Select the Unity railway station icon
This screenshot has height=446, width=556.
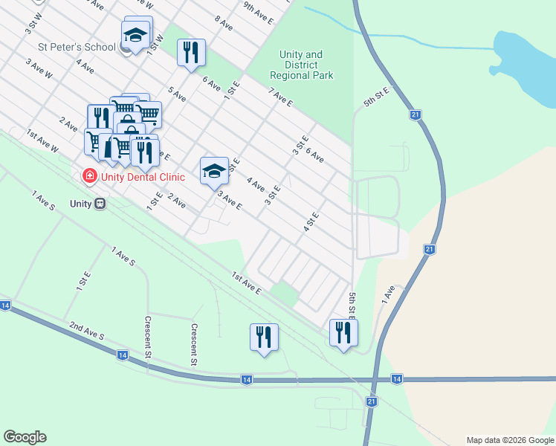(x=100, y=204)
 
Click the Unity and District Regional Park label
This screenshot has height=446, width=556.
(x=301, y=65)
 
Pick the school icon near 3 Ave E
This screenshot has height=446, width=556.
(x=214, y=171)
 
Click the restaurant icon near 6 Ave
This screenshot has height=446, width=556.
(x=191, y=53)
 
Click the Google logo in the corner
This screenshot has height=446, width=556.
(x=25, y=437)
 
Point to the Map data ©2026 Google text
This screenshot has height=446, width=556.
(x=509, y=440)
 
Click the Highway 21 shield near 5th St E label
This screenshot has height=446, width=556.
(x=416, y=114)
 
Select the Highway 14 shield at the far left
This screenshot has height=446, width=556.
(x=5, y=306)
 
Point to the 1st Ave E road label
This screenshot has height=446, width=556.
(x=246, y=282)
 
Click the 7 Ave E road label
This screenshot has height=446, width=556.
(x=281, y=97)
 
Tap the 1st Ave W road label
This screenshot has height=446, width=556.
(x=42, y=140)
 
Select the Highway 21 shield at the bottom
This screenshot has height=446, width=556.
(x=372, y=401)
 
